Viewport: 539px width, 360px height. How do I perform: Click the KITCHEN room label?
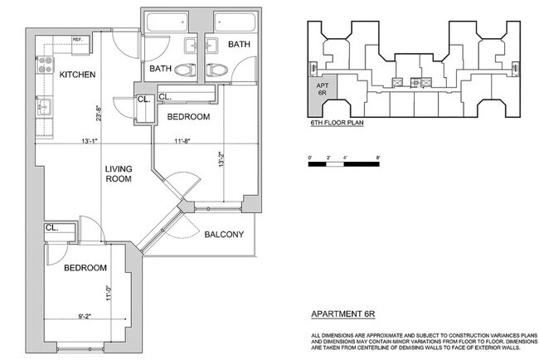coord(77,75)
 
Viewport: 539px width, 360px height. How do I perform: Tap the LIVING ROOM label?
coord(119,173)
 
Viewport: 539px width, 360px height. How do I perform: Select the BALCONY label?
coord(224,235)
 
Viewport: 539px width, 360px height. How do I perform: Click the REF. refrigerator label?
coord(78,40)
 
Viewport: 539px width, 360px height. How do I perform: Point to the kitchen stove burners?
coord(45,65)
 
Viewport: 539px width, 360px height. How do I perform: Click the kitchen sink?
coord(44,107)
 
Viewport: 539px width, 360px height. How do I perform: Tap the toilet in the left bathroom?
coord(185,71)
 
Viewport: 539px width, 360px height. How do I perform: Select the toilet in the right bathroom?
coord(217,71)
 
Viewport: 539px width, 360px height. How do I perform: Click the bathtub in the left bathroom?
coord(168,22)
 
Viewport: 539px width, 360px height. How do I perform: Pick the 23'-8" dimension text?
coord(99,114)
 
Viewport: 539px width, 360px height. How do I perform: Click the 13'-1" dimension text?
coord(90,141)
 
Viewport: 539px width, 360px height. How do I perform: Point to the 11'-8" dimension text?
coord(182,141)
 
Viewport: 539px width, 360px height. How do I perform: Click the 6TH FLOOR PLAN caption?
coord(337,123)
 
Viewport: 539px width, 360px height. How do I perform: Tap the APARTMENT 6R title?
coord(343,314)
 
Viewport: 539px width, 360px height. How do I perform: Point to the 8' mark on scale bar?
coord(378,158)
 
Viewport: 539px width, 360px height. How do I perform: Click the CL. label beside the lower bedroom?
coord(52,227)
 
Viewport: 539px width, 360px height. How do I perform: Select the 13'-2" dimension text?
coord(221,159)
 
